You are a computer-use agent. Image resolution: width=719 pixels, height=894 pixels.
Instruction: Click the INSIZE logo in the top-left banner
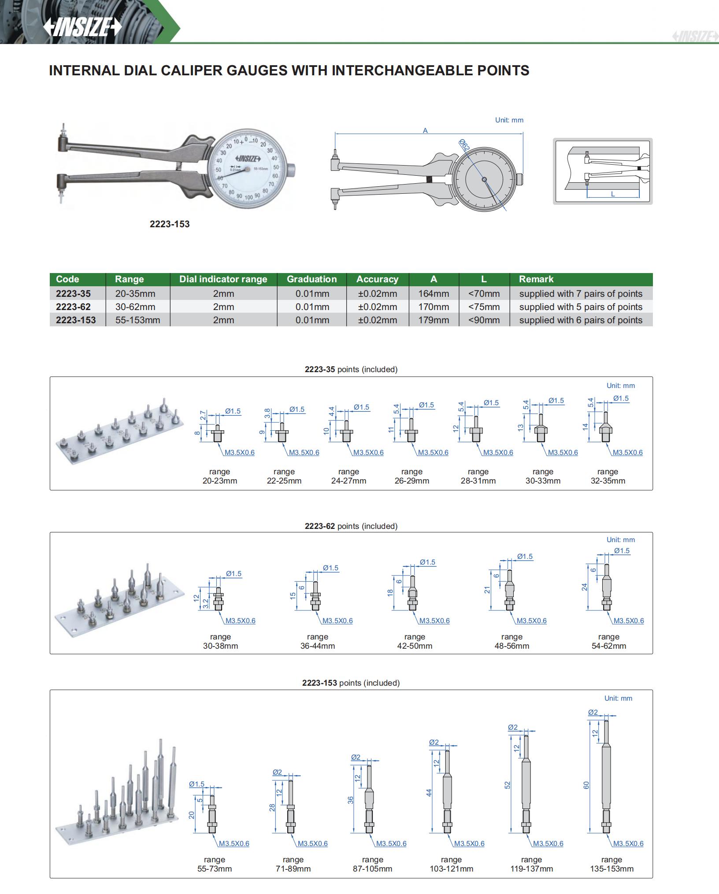(82, 27)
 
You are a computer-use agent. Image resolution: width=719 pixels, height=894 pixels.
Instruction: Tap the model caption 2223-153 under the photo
(170, 224)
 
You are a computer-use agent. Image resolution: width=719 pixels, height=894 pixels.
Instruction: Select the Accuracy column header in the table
(377, 279)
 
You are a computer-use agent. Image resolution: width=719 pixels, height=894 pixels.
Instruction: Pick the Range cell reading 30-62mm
(135, 307)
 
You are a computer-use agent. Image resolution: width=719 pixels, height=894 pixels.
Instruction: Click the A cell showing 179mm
(434, 320)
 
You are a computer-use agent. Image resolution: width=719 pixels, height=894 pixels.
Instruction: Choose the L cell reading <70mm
(484, 294)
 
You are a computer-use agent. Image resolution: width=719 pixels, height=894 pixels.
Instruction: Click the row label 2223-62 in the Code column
(73, 307)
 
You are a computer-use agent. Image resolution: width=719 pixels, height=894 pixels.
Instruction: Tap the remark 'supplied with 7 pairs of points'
(581, 294)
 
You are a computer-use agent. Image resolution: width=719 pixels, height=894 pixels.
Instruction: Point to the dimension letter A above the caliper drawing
(425, 130)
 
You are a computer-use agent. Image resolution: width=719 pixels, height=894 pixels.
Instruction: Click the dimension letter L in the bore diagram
(613, 194)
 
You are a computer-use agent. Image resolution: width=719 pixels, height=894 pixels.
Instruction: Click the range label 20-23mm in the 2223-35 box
(220, 481)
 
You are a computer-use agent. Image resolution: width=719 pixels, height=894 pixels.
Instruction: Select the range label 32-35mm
(608, 481)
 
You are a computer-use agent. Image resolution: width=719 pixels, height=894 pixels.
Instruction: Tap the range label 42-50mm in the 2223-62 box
(415, 646)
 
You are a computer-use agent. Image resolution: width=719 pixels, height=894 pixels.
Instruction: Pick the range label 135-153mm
(612, 869)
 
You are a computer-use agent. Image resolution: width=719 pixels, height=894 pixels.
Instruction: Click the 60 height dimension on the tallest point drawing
(586, 785)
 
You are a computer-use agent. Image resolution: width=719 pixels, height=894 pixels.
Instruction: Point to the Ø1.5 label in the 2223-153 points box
(197, 784)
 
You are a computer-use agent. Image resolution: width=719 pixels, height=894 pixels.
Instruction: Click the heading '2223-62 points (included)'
(351, 526)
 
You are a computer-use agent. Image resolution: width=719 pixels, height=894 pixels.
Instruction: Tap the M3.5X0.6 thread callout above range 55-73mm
(234, 843)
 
